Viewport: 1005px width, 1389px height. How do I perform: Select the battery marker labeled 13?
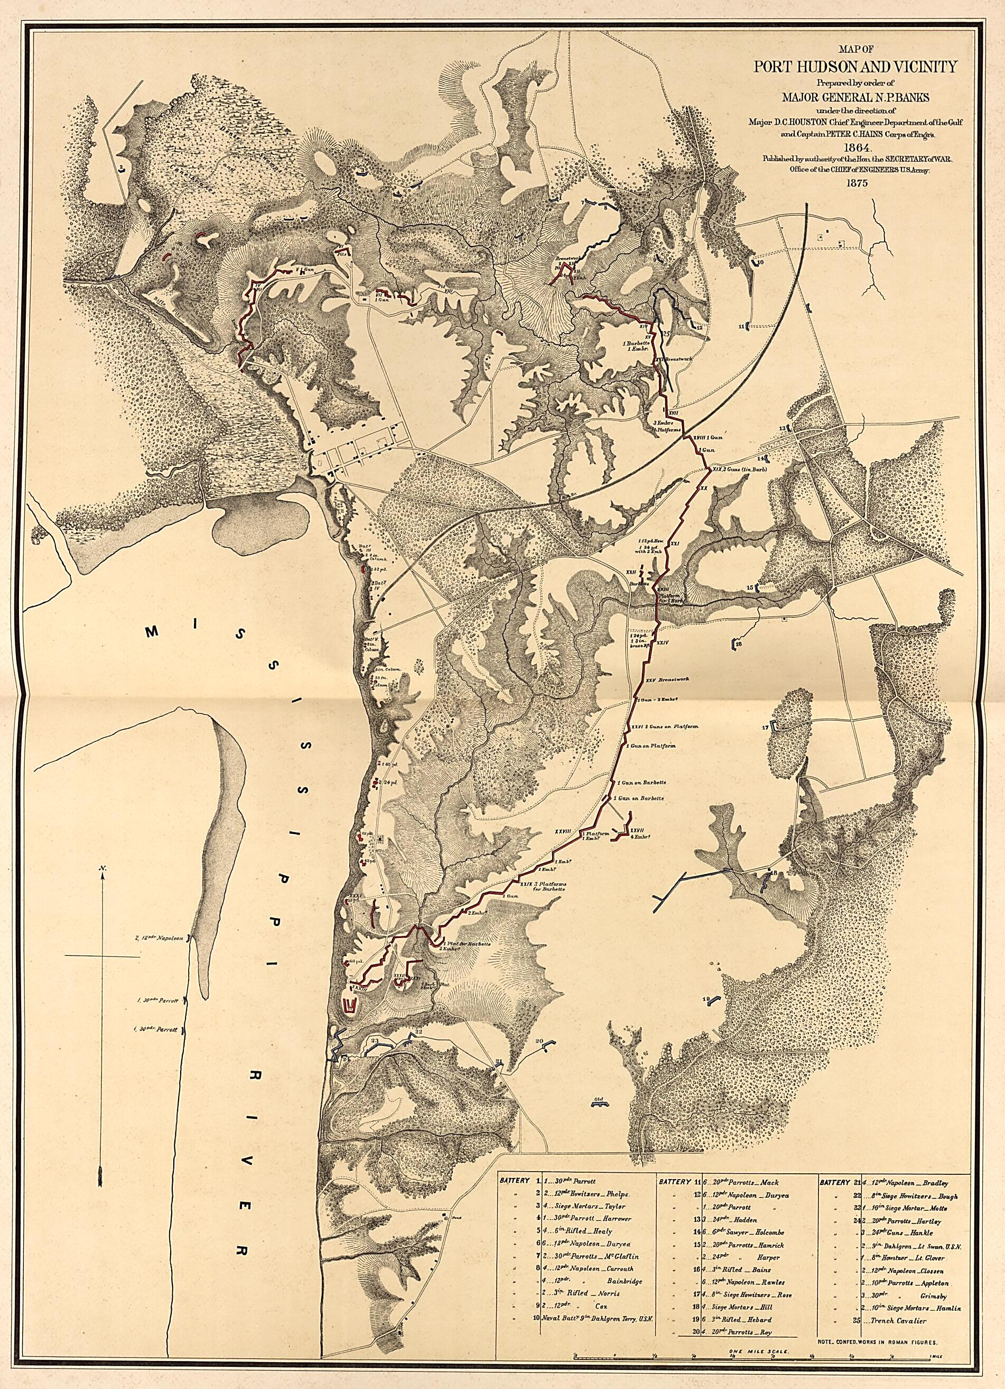click(788, 427)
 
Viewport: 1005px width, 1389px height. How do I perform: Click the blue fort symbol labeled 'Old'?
click(599, 1103)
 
